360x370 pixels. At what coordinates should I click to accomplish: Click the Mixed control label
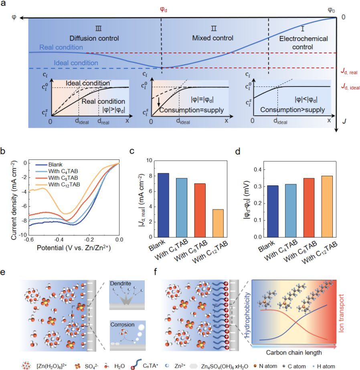pos(212,39)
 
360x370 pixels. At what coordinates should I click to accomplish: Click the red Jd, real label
pos(347,72)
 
